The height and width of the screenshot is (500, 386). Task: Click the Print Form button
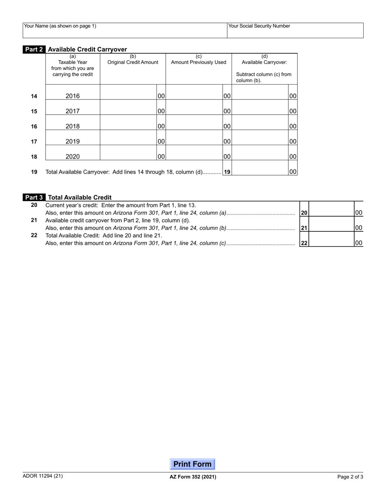click(x=192, y=464)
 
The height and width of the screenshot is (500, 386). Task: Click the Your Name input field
click(x=124, y=31)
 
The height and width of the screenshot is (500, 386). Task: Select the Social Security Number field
click(x=295, y=31)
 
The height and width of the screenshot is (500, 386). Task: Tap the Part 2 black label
click(x=34, y=49)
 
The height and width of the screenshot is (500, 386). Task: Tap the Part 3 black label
click(x=34, y=198)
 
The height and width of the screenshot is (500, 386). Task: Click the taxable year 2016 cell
click(x=73, y=96)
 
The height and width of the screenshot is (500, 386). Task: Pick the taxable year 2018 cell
click(x=73, y=126)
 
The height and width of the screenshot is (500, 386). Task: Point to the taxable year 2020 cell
click(x=73, y=157)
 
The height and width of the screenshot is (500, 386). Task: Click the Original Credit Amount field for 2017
click(x=128, y=111)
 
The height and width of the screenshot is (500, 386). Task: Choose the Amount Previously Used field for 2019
click(x=194, y=141)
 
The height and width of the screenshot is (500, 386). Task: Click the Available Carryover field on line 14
click(x=260, y=96)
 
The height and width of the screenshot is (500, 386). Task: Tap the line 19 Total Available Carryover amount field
click(x=260, y=171)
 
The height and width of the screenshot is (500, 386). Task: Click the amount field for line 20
click(x=332, y=212)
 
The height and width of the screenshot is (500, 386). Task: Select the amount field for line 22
click(x=332, y=243)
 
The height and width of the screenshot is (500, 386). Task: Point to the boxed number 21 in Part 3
click(x=304, y=228)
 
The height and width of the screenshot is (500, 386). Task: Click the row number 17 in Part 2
click(x=34, y=141)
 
